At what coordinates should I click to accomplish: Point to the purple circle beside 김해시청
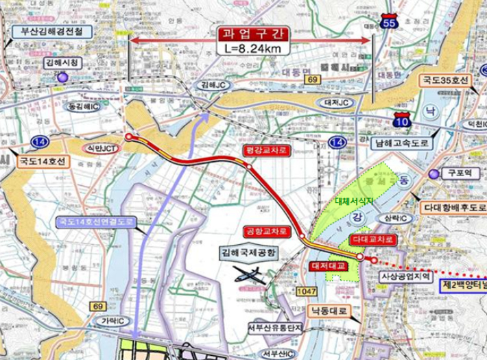pyautogui.click(x=63, y=77)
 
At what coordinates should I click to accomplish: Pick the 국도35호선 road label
pyautogui.click(x=445, y=80)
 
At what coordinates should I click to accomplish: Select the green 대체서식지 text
pyautogui.click(x=353, y=201)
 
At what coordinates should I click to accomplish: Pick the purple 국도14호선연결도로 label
pyautogui.click(x=95, y=222)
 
